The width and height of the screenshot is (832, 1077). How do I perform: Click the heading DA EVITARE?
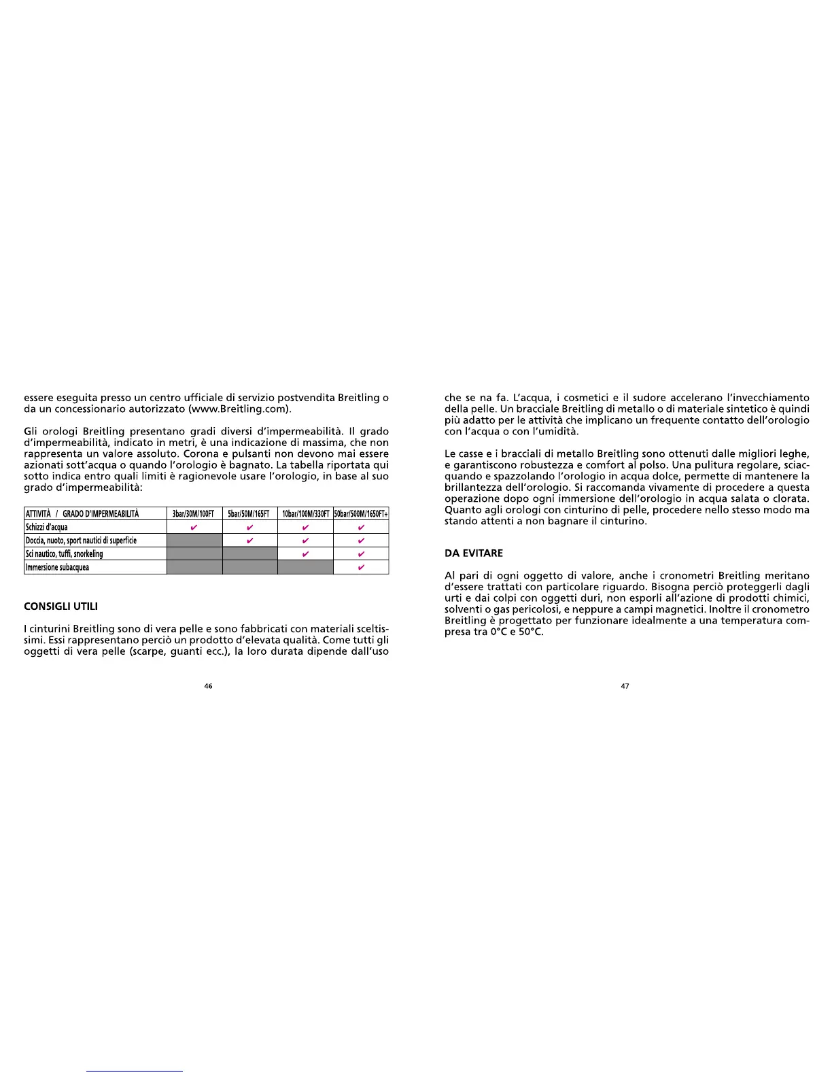pyautogui.click(x=474, y=553)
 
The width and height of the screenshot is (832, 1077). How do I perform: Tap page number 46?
pyautogui.click(x=209, y=686)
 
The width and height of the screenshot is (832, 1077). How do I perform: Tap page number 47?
pyautogui.click(x=625, y=686)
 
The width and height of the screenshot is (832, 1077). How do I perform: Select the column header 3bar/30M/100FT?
pyautogui.click(x=194, y=514)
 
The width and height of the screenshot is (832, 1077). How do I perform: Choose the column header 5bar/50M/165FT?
pyautogui.click(x=249, y=514)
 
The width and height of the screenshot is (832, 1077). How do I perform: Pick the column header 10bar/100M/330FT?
pyautogui.click(x=305, y=514)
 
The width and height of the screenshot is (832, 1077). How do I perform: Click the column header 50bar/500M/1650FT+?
pyautogui.click(x=361, y=514)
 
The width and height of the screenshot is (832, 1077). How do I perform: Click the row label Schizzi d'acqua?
pyautogui.click(x=47, y=527)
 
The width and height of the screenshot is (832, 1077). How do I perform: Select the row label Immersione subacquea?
pyautogui.click(x=57, y=567)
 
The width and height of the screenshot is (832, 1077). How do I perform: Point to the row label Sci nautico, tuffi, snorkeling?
pyautogui.click(x=64, y=553)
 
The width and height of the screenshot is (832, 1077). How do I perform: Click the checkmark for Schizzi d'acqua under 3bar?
pyautogui.click(x=194, y=527)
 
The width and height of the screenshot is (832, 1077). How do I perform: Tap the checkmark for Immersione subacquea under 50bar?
pyautogui.click(x=361, y=567)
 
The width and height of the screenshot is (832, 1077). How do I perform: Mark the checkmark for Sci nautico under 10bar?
pyautogui.click(x=306, y=553)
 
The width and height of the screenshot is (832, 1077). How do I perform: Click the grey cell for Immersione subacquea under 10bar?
pyautogui.click(x=305, y=567)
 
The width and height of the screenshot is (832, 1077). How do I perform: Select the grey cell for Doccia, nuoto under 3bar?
pyautogui.click(x=194, y=541)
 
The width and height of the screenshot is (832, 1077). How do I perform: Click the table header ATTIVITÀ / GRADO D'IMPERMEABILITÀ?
pyautogui.click(x=82, y=514)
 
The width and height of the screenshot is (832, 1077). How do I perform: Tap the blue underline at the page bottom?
pyautogui.click(x=135, y=1071)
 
